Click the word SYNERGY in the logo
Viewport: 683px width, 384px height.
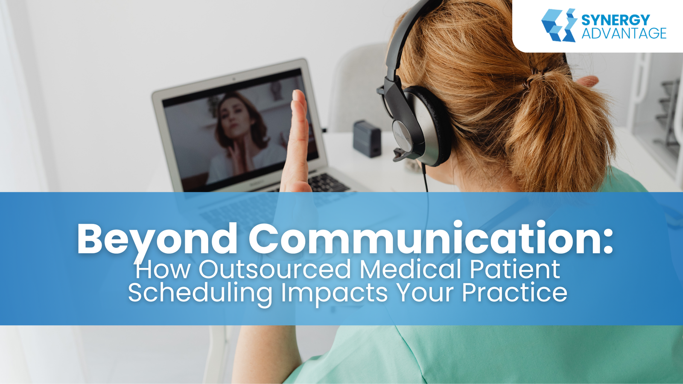point(616,20)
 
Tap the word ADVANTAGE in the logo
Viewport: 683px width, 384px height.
point(624,33)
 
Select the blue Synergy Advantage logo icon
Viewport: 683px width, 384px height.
point(559,25)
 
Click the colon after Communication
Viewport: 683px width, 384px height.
point(607,242)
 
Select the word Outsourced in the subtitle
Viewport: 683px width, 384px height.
point(275,269)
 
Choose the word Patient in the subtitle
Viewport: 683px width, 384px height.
point(515,269)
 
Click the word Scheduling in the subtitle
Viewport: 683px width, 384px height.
point(200,293)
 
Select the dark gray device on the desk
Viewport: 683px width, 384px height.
point(367,139)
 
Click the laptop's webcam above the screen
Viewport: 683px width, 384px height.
point(234,79)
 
